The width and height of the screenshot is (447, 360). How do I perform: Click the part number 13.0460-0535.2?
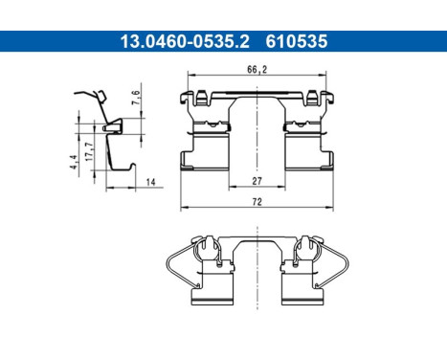[171, 41]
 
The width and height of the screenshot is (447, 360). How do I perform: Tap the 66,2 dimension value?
[257, 69]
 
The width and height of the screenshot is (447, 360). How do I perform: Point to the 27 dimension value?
[257, 180]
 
